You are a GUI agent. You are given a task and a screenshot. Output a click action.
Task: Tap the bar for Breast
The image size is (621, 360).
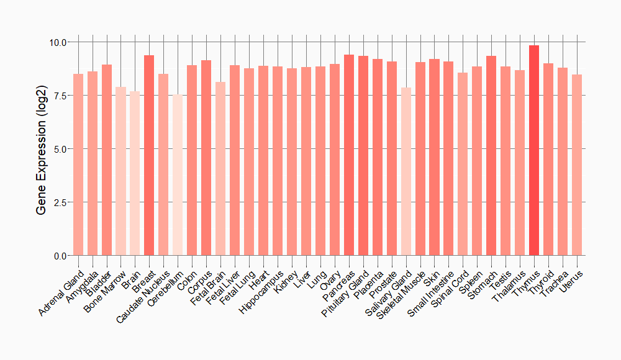(x=149, y=155)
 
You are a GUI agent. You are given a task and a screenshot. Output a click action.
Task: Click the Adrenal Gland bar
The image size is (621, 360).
(x=78, y=164)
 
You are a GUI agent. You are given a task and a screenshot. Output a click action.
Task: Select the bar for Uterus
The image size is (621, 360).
(x=577, y=165)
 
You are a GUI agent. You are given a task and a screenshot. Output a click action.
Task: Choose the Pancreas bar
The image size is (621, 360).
(x=349, y=155)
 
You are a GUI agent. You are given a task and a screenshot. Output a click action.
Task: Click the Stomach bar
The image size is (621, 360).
(x=491, y=156)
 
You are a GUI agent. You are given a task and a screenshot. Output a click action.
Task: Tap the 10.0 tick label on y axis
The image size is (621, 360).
(x=59, y=42)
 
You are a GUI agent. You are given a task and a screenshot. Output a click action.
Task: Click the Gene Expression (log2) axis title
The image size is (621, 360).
(x=41, y=149)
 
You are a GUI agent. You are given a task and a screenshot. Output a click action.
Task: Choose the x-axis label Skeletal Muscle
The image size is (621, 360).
(x=403, y=294)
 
